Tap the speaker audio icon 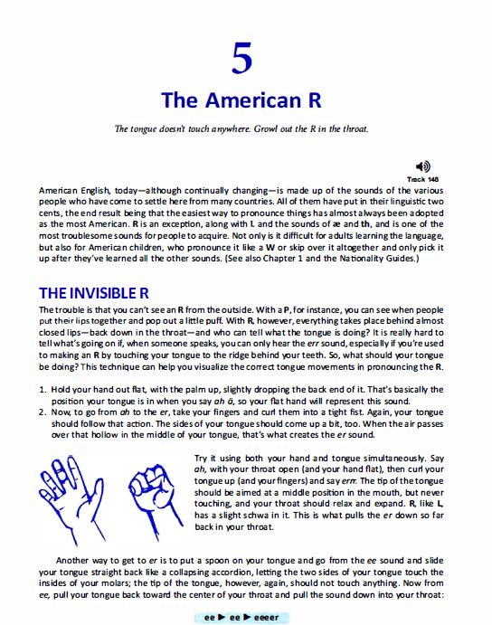coord(423,166)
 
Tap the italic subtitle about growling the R coord(246,128)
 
